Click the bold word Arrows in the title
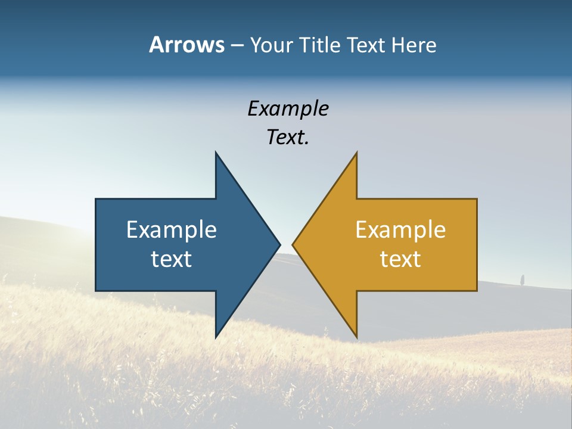[x=186, y=45]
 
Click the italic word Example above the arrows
[x=288, y=109]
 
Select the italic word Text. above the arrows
[x=288, y=138]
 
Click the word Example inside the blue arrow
[x=172, y=230]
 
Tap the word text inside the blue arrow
[x=172, y=259]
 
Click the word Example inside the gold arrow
[x=400, y=230]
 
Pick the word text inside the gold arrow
[x=400, y=259]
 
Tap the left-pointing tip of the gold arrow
[x=294, y=244]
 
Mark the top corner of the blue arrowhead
[x=216, y=154]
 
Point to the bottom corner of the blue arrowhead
[x=216, y=336]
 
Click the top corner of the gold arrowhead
[x=356, y=154]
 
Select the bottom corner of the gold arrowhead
[x=356, y=336]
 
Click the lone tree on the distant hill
[x=523, y=279]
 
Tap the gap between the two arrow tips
[x=286, y=244]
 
